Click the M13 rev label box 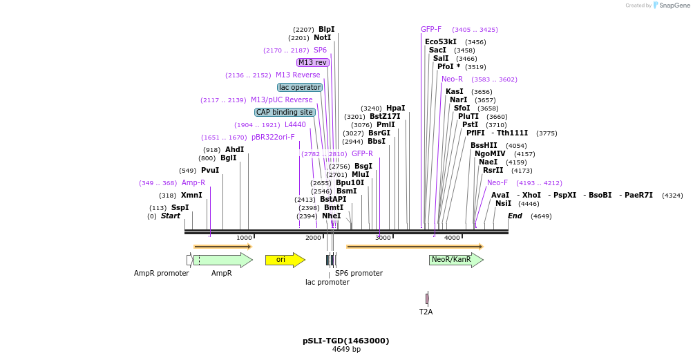[312, 62]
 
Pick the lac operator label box [300, 87]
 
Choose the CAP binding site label [285, 112]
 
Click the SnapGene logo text [674, 6]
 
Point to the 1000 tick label [244, 238]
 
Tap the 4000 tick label [451, 238]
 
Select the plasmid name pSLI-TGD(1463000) [345, 341]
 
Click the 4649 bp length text [346, 350]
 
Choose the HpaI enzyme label [395, 108]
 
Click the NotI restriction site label [322, 37]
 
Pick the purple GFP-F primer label [431, 30]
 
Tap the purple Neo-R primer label [452, 79]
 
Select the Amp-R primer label [193, 183]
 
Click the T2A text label [426, 312]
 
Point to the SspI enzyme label [180, 208]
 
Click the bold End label [515, 216]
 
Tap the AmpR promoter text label [161, 273]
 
